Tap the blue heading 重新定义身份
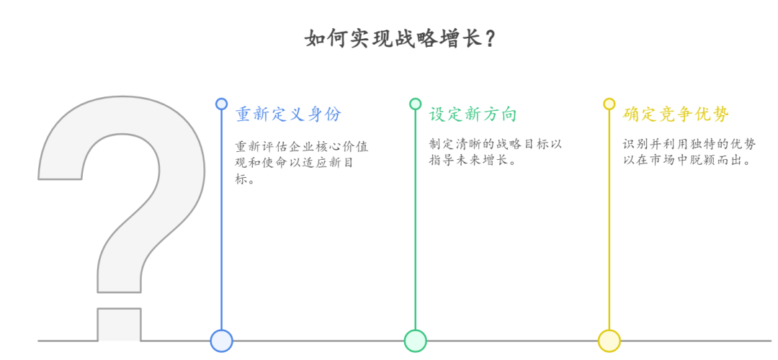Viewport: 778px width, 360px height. click(289, 114)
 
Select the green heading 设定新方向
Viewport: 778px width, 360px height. click(473, 114)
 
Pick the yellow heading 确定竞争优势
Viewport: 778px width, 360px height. click(676, 114)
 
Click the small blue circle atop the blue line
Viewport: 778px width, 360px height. click(221, 104)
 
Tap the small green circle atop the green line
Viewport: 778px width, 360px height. click(415, 104)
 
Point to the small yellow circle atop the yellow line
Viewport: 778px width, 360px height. click(609, 104)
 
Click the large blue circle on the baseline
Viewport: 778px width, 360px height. click(221, 341)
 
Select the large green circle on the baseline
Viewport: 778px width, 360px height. click(415, 341)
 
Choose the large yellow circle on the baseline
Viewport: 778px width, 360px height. click(609, 341)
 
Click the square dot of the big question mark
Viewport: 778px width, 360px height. click(119, 324)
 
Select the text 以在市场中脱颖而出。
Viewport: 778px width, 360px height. click(688, 161)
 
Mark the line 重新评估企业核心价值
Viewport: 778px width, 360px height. click(301, 146)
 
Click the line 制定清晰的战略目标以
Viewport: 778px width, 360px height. click(495, 144)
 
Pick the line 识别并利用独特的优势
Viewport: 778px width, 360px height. click(689, 144)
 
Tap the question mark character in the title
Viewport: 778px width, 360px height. click(489, 38)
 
